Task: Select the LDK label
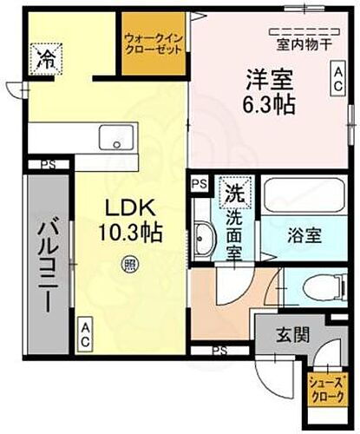130,208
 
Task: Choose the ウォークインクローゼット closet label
154,43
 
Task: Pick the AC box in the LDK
86,335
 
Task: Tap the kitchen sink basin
116,139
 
